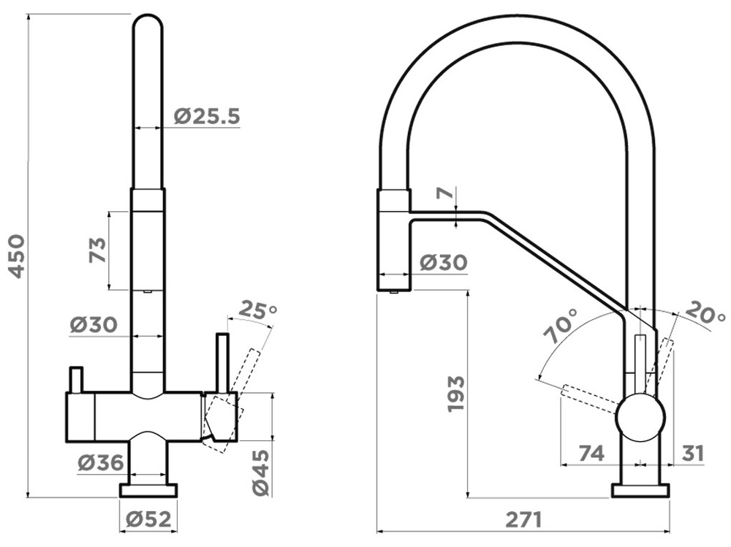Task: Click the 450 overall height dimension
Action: (x=18, y=256)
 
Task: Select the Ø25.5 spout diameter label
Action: (x=207, y=116)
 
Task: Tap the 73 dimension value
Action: (x=97, y=250)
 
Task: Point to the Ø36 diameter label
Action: (x=101, y=462)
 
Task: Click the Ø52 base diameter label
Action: (x=148, y=519)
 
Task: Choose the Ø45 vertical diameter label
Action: (x=261, y=472)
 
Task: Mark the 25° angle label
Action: (x=258, y=310)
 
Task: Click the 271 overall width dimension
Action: (x=523, y=519)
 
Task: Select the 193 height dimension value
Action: (x=455, y=394)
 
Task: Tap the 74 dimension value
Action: (x=591, y=453)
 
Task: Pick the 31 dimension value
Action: (x=692, y=453)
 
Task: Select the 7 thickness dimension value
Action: (x=445, y=192)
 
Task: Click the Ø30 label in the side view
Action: (x=443, y=262)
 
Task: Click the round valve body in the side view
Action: (x=640, y=417)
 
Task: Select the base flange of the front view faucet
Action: (x=148, y=491)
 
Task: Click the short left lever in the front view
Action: (x=76, y=380)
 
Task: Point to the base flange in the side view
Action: (x=640, y=491)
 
